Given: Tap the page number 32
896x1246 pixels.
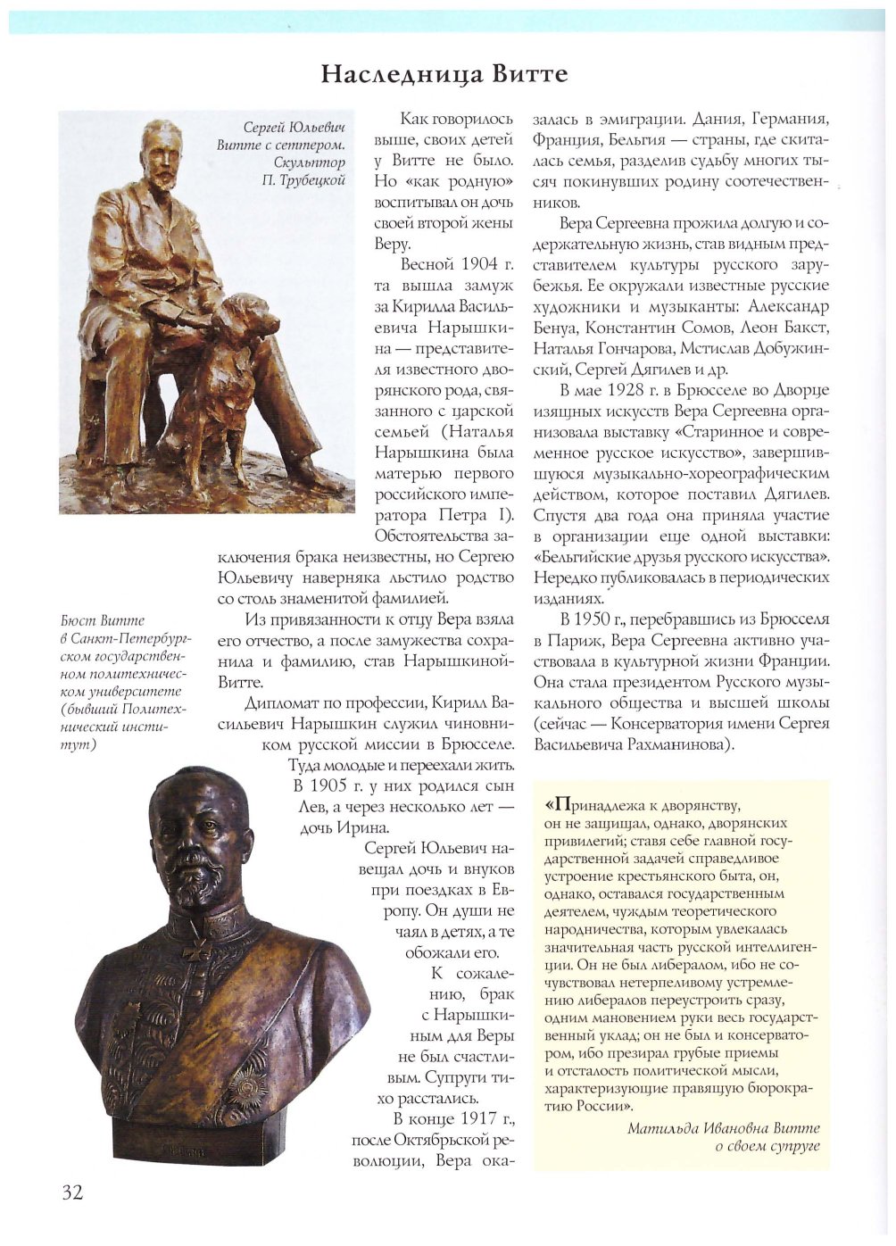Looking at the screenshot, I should click(72, 1192).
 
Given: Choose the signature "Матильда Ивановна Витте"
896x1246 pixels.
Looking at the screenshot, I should click(723, 1128).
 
